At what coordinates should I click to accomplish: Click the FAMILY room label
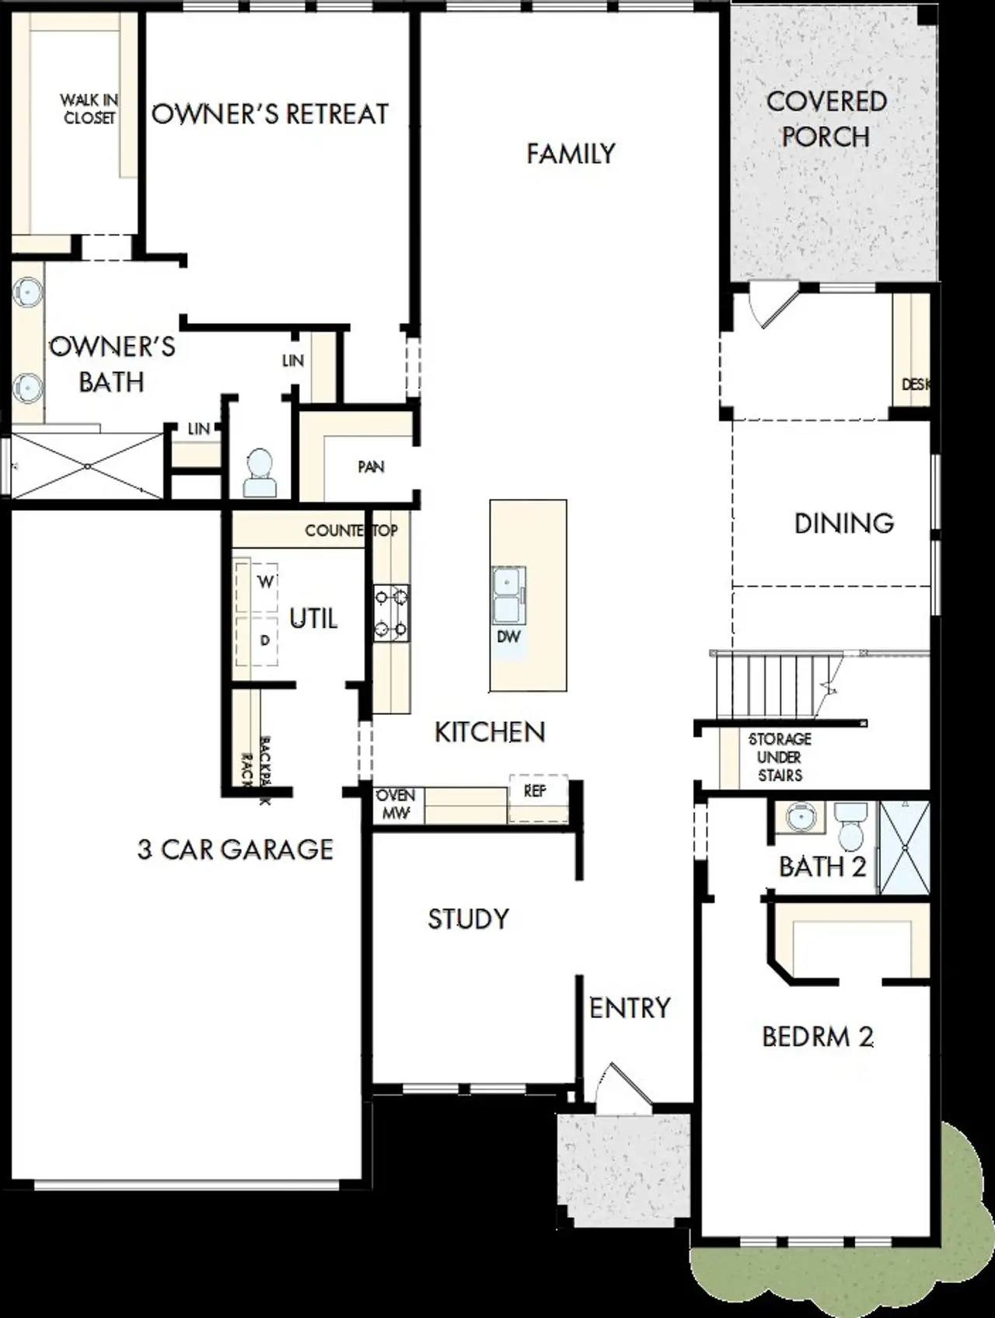click(x=571, y=154)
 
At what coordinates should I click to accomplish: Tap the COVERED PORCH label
click(x=826, y=119)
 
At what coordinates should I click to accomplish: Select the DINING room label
click(x=844, y=523)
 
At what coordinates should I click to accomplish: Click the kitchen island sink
click(x=508, y=595)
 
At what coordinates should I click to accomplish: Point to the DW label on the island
click(x=508, y=637)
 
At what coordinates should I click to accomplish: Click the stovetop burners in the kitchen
click(x=392, y=613)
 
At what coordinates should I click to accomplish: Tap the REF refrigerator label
click(x=535, y=791)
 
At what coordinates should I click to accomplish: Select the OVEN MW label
click(x=396, y=804)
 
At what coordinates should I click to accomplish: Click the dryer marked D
click(x=265, y=640)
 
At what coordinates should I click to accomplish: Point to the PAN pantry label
click(x=371, y=467)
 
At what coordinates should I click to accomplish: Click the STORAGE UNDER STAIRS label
click(x=780, y=757)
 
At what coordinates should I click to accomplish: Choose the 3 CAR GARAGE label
click(x=236, y=849)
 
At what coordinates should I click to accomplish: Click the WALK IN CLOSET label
click(x=89, y=109)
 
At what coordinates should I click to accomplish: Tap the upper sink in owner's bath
click(x=28, y=292)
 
